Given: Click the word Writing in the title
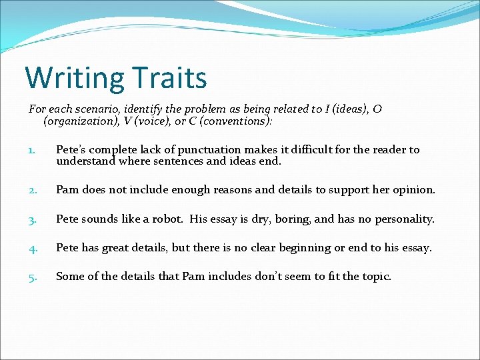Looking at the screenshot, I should pyautogui.click(x=74, y=77).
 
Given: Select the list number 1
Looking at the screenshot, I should pyautogui.click(x=31, y=150).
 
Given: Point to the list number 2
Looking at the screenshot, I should pyautogui.click(x=32, y=190).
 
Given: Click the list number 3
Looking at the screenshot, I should pyautogui.click(x=32, y=219).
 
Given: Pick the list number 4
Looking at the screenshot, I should pyautogui.click(x=32, y=248).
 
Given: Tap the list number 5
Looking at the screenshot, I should pyautogui.click(x=32, y=277).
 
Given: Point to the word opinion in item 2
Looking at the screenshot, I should pyautogui.click(x=413, y=190).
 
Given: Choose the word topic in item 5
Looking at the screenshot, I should pyautogui.click(x=375, y=277).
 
